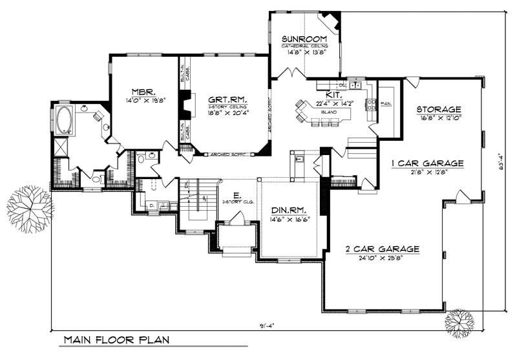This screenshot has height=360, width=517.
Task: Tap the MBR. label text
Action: [x=142, y=92]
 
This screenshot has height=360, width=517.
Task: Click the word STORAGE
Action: [x=438, y=109]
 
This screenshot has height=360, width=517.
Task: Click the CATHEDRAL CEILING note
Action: [x=303, y=47]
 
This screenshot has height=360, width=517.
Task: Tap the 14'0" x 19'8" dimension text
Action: [x=142, y=101]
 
